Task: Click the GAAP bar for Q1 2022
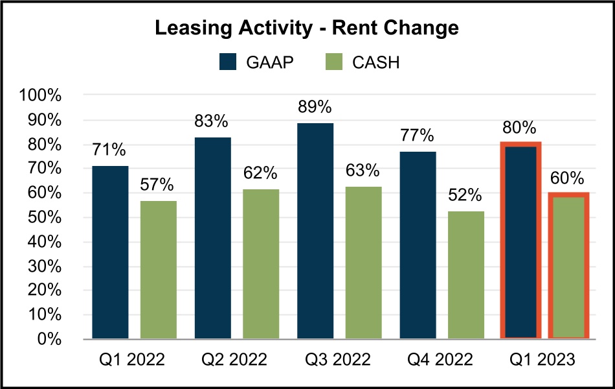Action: coord(110,252)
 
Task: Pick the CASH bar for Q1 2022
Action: coord(159,270)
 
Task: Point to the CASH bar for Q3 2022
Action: coord(363,263)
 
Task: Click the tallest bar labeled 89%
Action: coord(315,231)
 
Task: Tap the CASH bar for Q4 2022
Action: coord(466,275)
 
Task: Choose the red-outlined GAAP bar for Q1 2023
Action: coord(520,241)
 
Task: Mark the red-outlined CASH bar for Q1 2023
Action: coord(568,266)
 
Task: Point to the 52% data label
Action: coord(465,195)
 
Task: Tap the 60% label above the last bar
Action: coord(568,178)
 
